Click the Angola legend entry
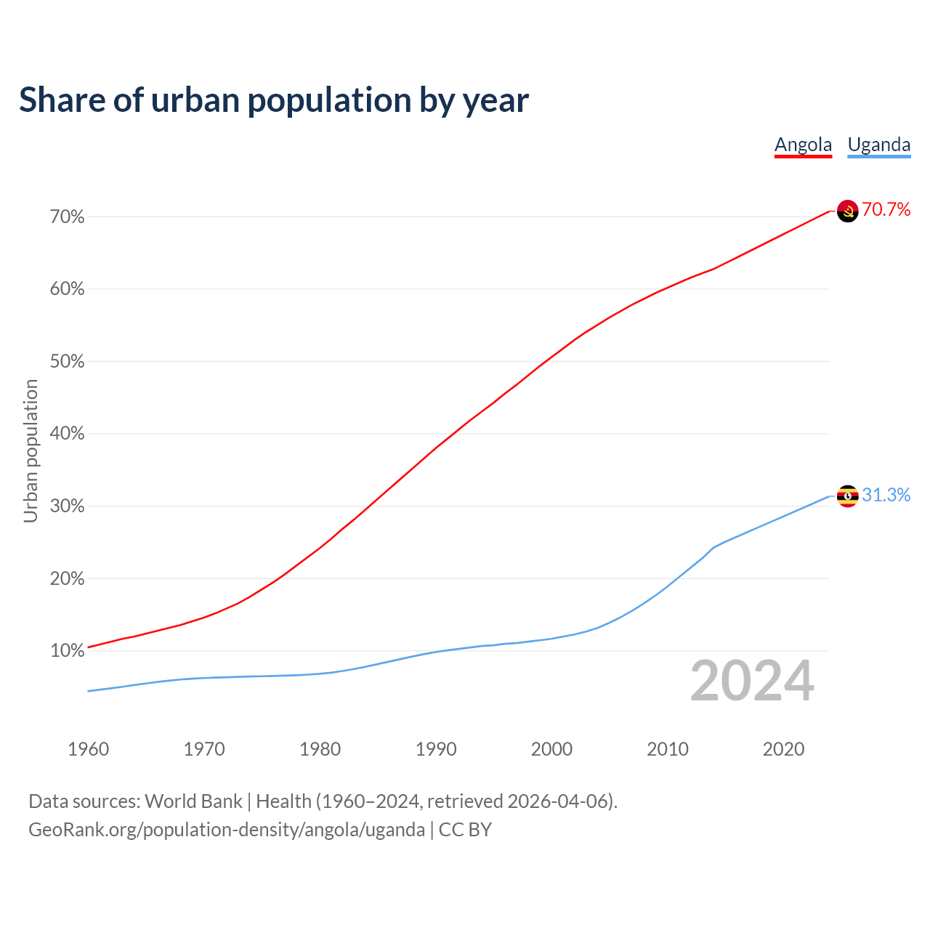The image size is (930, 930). [x=803, y=145]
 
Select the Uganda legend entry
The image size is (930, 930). [x=879, y=145]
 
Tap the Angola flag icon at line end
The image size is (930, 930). [x=848, y=211]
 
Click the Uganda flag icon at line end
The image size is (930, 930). [x=848, y=496]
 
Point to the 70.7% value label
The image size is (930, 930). [x=886, y=210]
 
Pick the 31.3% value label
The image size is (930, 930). [x=886, y=496]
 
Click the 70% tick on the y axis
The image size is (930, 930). [x=68, y=217]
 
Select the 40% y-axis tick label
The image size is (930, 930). [x=68, y=434]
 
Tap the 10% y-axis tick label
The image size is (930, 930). [x=68, y=651]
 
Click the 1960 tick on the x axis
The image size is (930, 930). [x=89, y=749]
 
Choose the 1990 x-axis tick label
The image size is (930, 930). [x=436, y=749]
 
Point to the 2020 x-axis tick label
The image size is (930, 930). [x=783, y=749]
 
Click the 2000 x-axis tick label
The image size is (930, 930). [x=552, y=749]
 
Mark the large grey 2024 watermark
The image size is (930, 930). [x=752, y=682]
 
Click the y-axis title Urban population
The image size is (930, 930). [x=31, y=450]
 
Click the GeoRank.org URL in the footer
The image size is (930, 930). [x=227, y=830]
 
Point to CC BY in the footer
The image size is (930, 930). [x=465, y=830]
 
